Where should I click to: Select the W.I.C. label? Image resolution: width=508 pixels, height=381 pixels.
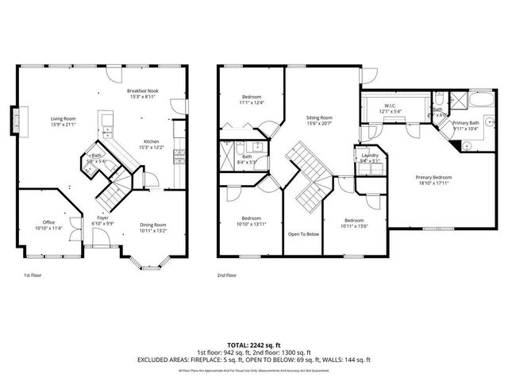click(x=391, y=107)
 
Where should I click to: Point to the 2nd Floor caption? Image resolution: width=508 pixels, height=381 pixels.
click(x=227, y=275)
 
